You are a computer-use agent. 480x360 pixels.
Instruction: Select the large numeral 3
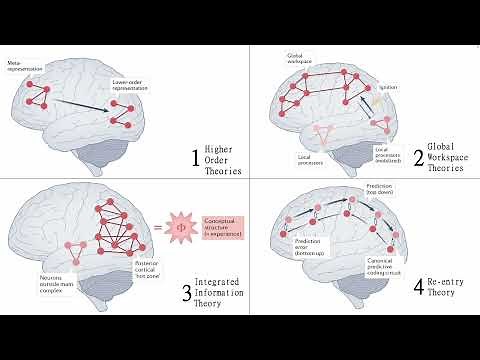click(187, 292)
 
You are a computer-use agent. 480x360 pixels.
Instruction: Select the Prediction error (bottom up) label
click(308, 244)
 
